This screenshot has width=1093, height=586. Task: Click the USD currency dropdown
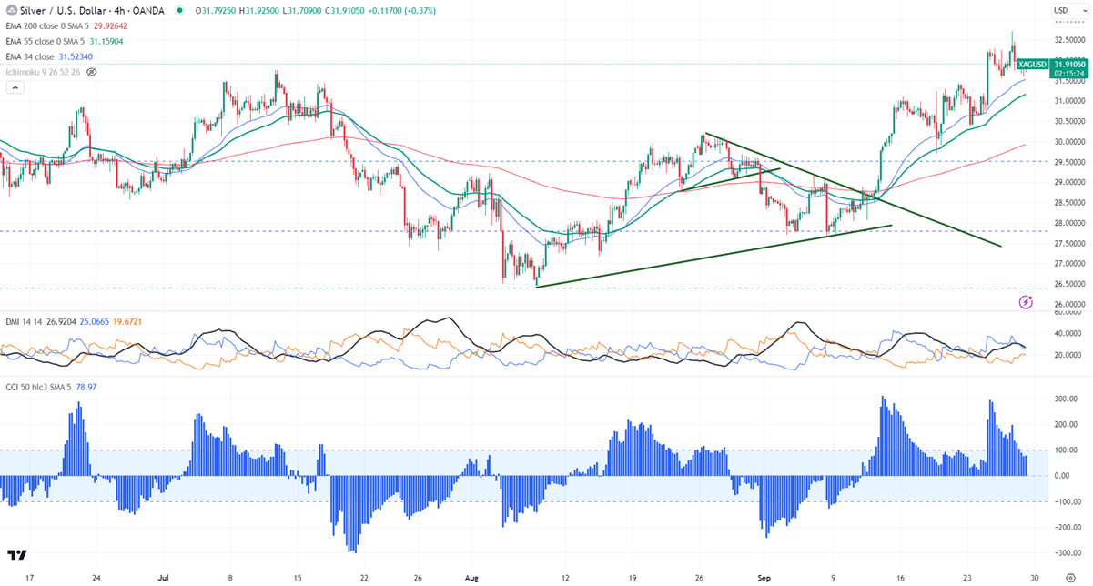pos(1062,10)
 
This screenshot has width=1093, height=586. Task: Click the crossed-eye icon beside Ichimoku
pos(91,71)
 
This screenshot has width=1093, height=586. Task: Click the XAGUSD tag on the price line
pos(1032,65)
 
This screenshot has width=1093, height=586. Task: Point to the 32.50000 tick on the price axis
pos(1068,40)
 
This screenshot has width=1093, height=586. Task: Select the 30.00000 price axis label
pos(1068,142)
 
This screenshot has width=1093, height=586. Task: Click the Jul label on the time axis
pos(164,577)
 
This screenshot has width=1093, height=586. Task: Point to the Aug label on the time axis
pos(471,577)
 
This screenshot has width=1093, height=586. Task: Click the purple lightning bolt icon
pos(1027,300)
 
